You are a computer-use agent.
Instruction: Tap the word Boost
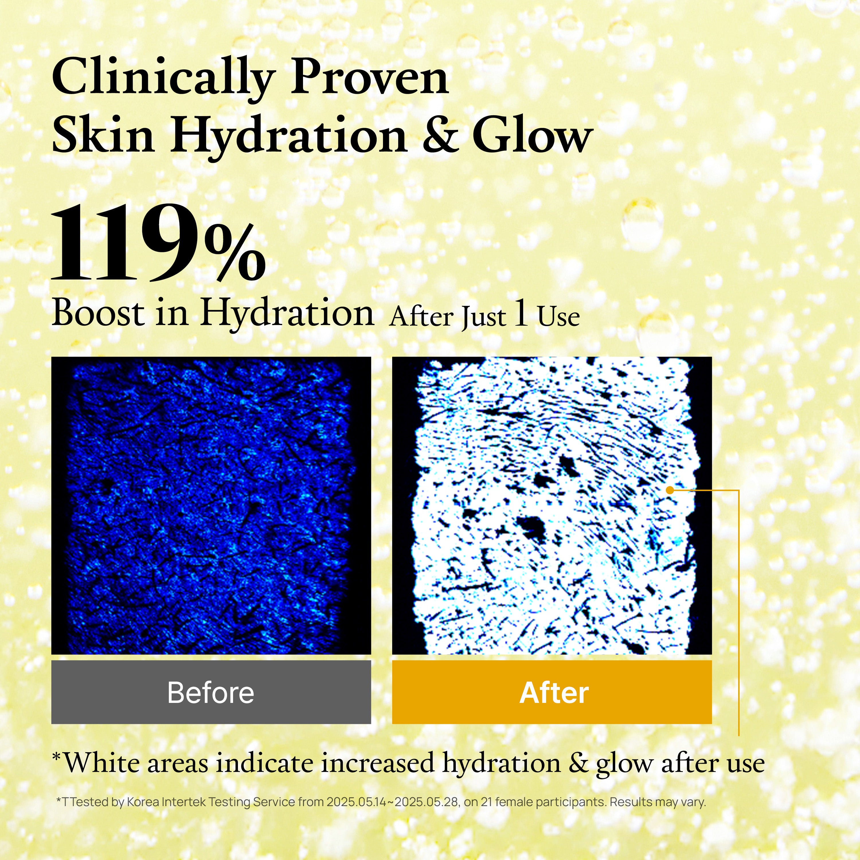click(98, 312)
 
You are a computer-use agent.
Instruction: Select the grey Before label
click(211, 692)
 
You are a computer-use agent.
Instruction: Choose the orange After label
click(552, 692)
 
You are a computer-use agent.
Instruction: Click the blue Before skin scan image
click(211, 505)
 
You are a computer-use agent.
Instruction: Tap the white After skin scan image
click(552, 505)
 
